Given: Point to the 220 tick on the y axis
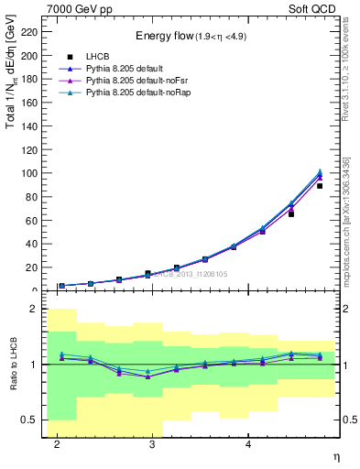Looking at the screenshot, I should pos(29,32).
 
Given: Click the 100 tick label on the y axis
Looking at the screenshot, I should pos(29,173).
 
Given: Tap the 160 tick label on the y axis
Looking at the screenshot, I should pos(29,103).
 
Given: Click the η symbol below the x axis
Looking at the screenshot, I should pos(335,455).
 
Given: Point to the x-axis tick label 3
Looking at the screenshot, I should pos(153,444).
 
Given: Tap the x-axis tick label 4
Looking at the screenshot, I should pos(248,444).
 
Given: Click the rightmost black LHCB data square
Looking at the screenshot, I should pos(320,186).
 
